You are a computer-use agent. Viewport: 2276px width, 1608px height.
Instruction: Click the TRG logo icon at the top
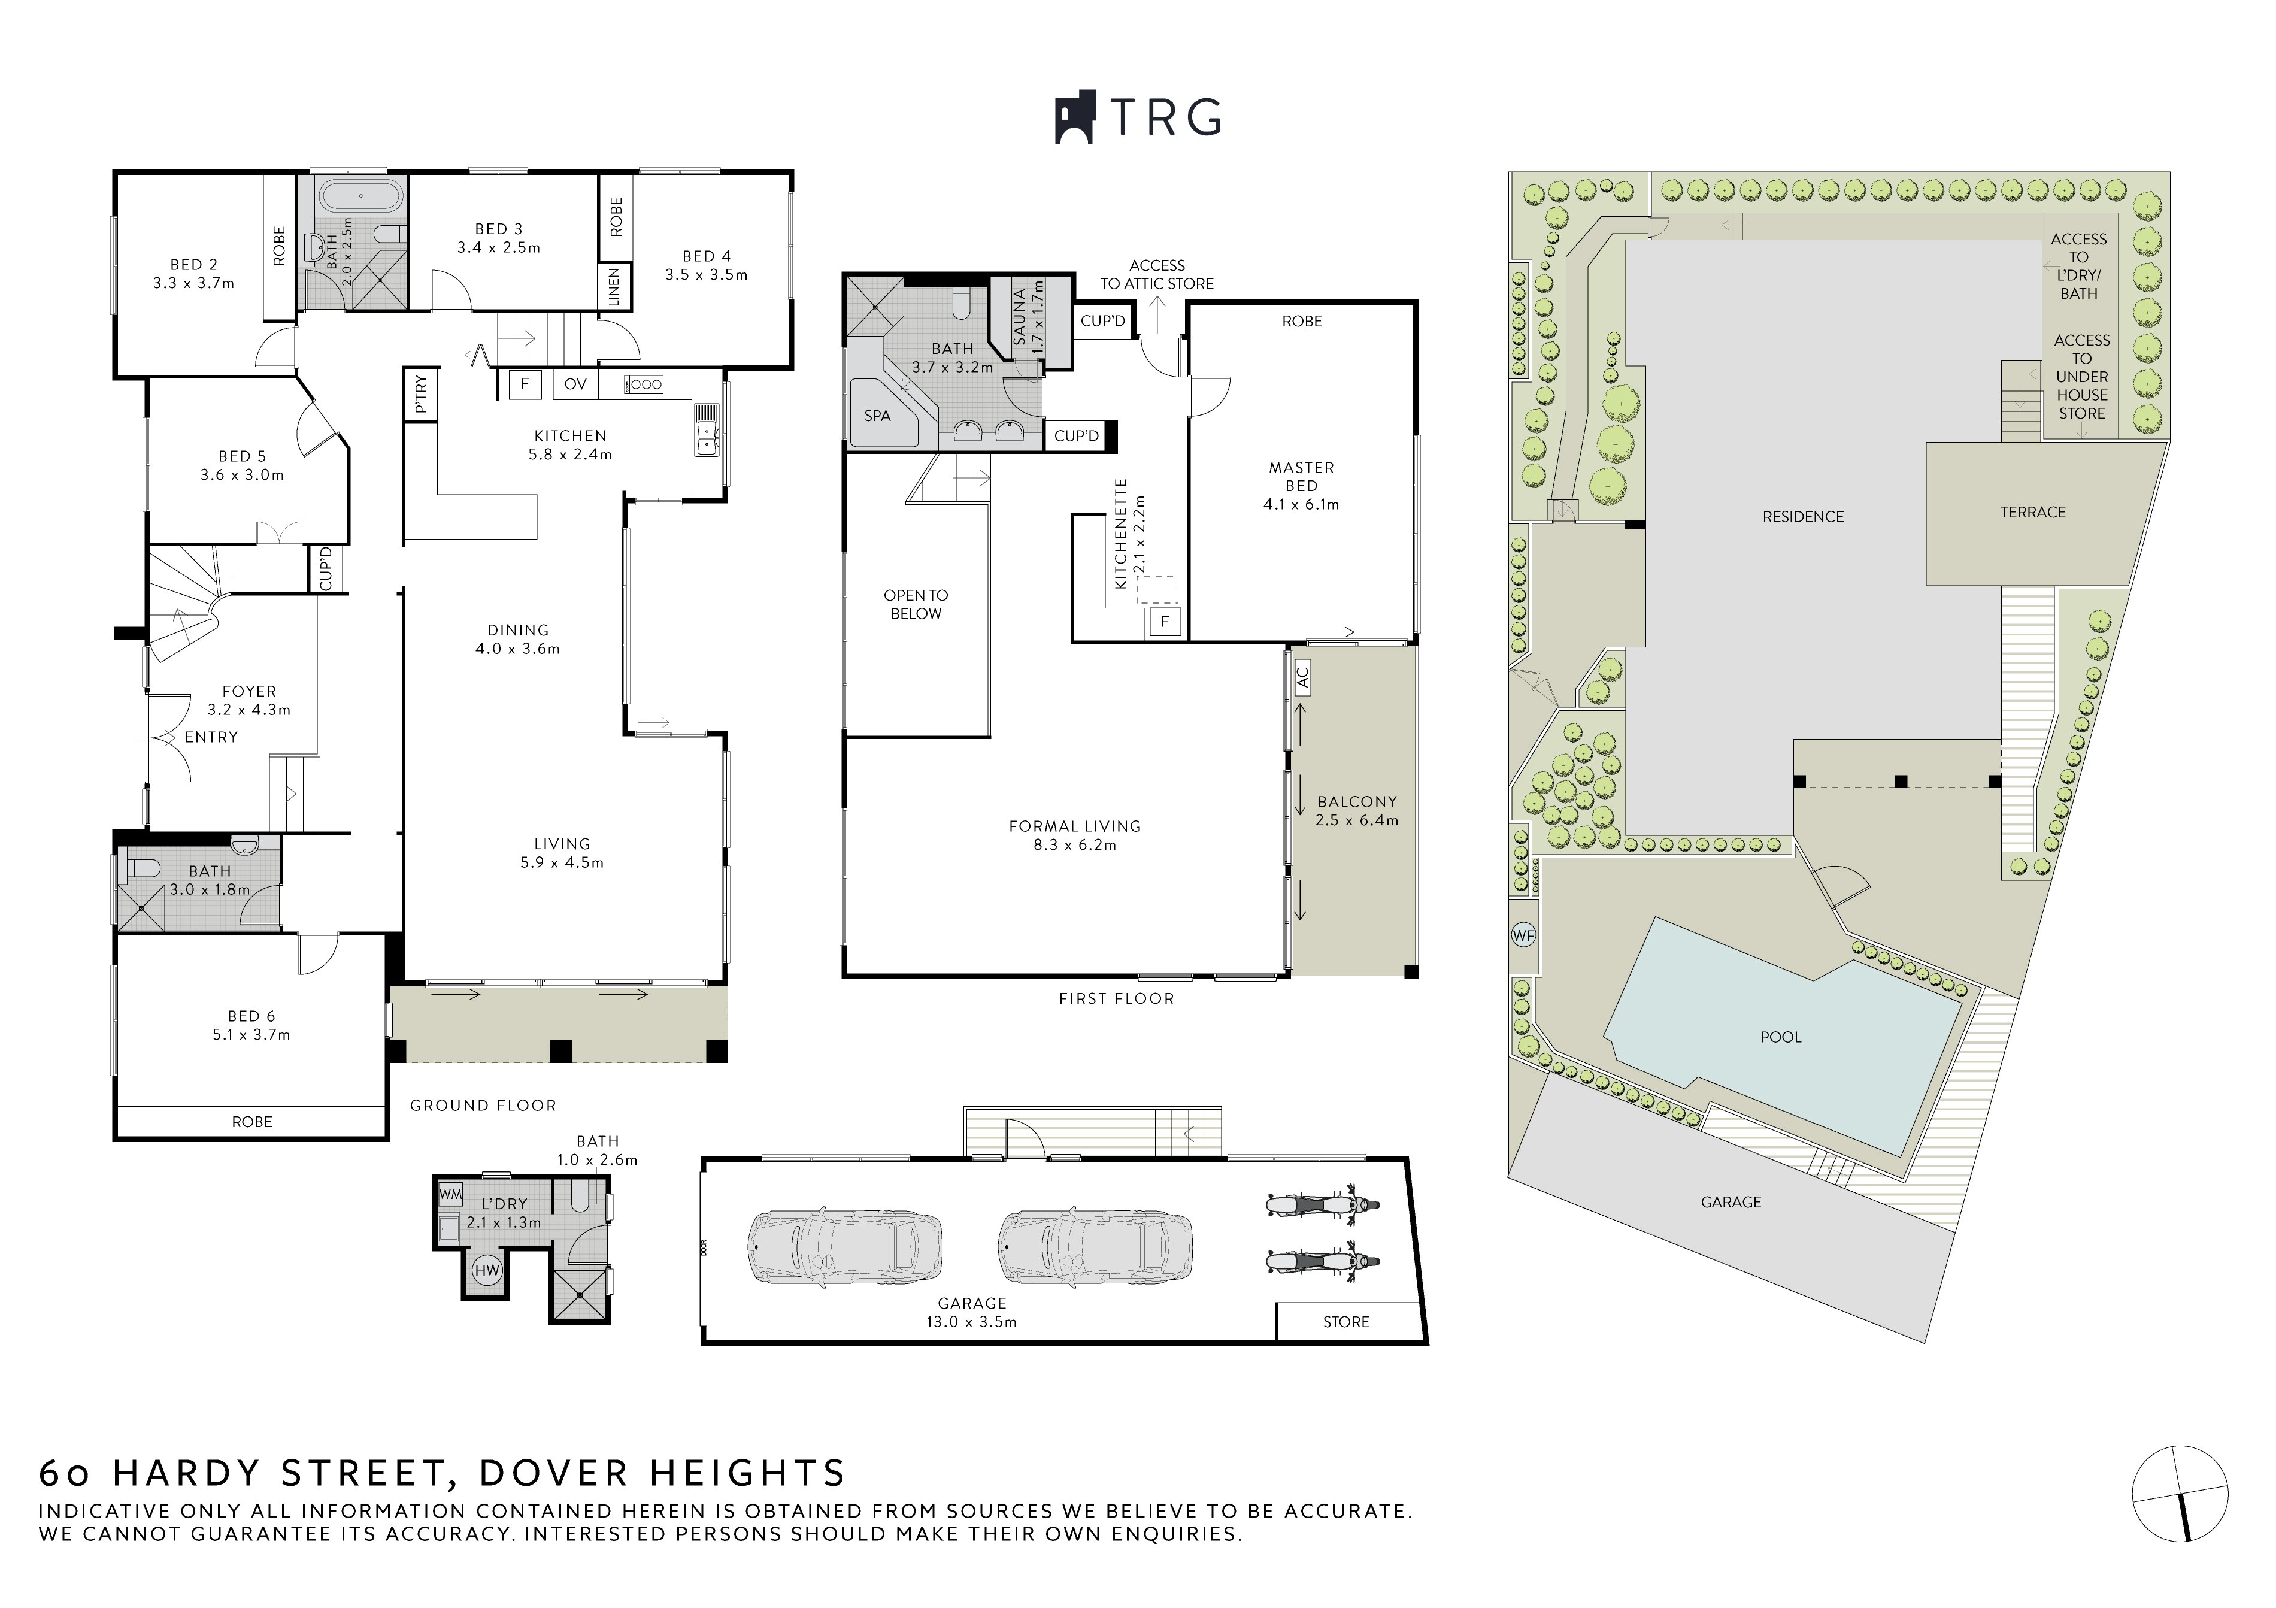point(1075,117)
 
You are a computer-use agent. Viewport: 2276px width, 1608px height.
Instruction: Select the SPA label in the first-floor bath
point(877,416)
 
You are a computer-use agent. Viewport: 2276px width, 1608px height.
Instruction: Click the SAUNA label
point(1019,317)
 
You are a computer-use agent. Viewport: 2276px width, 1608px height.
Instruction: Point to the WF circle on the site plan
point(1523,935)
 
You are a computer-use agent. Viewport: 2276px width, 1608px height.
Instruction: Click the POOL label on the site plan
point(1780,1037)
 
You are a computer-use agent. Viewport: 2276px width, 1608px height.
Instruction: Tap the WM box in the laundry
point(450,1195)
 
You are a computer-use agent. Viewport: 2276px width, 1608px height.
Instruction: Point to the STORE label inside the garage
point(1346,1322)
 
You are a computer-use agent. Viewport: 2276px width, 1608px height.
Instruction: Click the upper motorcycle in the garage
point(1322,1204)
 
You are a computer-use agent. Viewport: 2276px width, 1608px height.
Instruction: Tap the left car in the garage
point(844,1245)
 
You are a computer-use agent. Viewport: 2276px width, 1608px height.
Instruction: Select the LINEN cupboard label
point(614,286)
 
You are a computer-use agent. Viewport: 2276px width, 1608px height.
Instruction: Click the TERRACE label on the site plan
point(2033,513)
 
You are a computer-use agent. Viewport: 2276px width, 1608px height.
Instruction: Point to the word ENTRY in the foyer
point(211,737)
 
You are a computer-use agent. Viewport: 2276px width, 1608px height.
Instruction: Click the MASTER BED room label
point(1302,477)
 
